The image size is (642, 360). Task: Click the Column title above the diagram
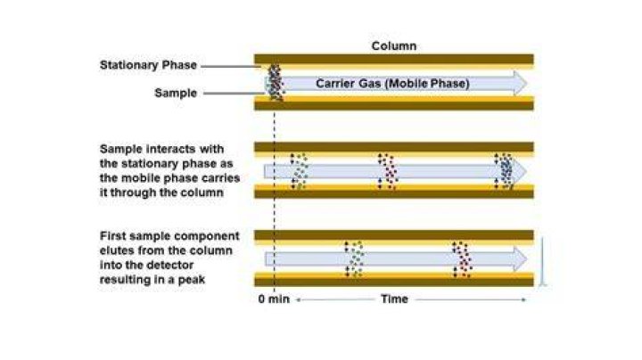394,45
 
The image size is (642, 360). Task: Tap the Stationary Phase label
148,65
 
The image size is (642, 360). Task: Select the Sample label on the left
176,93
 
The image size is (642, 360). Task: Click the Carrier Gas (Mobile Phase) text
392,84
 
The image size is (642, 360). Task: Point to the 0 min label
274,299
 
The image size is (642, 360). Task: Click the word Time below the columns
394,299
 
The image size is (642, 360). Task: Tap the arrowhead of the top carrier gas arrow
520,84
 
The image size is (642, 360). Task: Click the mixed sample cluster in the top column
276,83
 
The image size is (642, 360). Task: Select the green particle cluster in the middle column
299,171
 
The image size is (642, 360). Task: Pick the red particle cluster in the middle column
387,171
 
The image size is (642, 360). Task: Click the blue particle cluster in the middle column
505,171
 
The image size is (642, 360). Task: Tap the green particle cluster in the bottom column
354,259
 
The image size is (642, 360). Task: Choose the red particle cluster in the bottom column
462,259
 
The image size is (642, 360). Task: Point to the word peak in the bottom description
191,280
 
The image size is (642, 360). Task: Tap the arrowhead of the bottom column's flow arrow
520,259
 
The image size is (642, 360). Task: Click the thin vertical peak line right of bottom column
542,261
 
